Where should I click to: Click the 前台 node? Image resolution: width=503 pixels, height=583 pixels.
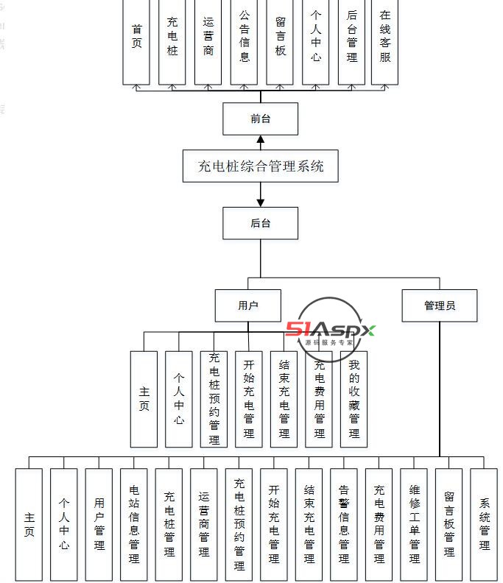pos(261,119)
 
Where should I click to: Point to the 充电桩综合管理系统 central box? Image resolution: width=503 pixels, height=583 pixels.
pos(261,166)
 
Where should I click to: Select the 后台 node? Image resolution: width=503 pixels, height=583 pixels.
pos(261,223)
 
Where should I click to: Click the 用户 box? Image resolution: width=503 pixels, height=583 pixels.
pos(248,305)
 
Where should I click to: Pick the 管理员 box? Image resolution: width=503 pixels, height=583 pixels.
pos(440,305)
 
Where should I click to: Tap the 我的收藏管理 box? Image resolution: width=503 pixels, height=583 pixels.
pos(354,399)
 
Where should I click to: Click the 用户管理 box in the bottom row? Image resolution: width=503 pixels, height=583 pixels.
pos(99,524)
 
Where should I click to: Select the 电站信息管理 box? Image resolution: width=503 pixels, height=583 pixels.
pos(134,524)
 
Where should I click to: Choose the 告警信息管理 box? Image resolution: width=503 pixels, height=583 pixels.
pos(344,524)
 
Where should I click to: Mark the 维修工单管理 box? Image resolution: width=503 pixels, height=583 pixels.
pos(415,524)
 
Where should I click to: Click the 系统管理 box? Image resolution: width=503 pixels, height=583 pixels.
pos(485,524)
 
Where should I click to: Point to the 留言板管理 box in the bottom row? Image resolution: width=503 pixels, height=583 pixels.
pos(449,524)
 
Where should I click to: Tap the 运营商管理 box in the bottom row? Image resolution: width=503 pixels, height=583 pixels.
pos(204,524)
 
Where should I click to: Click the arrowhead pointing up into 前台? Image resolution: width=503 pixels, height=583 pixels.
pos(261,140)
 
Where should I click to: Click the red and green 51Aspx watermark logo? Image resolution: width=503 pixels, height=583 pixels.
pos(330,330)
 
